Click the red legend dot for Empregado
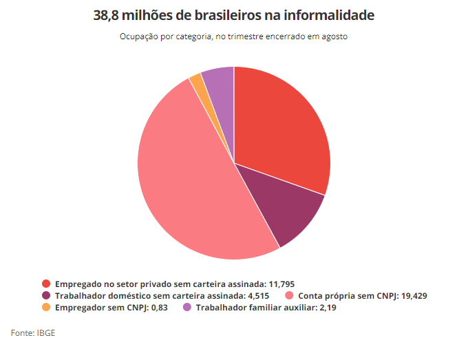click(46, 284)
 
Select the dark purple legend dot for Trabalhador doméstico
click(46, 295)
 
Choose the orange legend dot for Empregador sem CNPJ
click(46, 307)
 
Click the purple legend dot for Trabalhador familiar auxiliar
click(186, 307)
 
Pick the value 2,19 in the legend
click(326, 307)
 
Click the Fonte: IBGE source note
click(33, 333)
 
